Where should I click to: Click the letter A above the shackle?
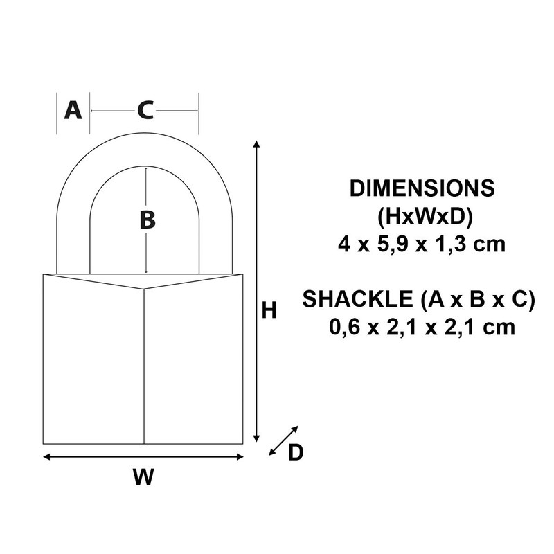(x=73, y=110)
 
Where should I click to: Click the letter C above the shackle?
(x=145, y=110)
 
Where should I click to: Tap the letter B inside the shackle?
(x=147, y=220)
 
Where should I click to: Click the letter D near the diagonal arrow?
(x=295, y=452)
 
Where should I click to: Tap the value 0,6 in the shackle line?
(x=347, y=326)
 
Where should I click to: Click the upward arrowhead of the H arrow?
(x=258, y=143)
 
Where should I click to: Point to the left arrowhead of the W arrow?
(x=47, y=456)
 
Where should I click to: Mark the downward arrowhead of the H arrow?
(x=258, y=438)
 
